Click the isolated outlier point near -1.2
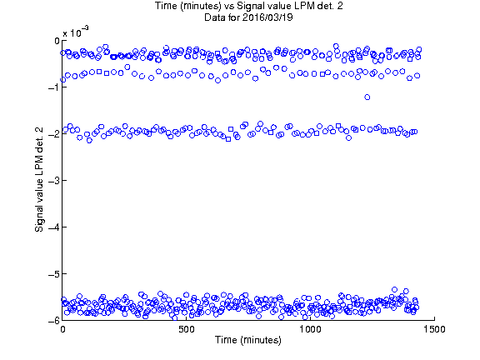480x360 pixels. tap(367, 97)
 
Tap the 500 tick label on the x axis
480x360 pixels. tap(187, 329)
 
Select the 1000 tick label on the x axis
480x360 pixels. tap(310, 329)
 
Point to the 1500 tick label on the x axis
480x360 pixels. tap(434, 329)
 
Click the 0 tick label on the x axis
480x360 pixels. tap(62, 329)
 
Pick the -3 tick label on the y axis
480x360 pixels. tap(53, 180)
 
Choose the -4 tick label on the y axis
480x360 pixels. tap(53, 227)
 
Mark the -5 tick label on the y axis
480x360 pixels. tap(53, 273)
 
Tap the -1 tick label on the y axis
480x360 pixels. tap(53, 87)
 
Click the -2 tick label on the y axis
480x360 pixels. tap(53, 134)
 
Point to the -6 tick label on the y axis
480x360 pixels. tap(53, 321)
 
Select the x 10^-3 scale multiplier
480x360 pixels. tap(76, 32)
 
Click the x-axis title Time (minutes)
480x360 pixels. tap(248, 340)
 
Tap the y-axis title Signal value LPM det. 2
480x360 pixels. tap(39, 180)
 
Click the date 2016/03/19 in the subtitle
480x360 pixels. tap(267, 17)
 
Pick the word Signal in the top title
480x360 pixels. tap(249, 6)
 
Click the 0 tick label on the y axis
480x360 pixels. tap(57, 41)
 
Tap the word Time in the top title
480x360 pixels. tap(166, 6)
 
